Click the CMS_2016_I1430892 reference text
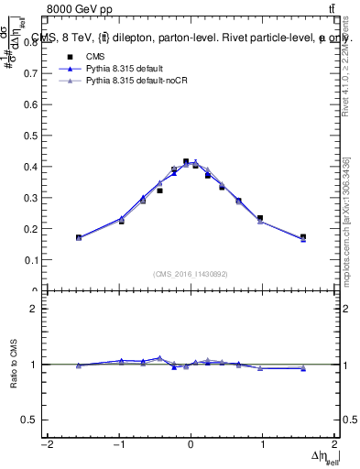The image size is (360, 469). pos(191,274)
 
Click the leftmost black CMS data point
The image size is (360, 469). pos(79,237)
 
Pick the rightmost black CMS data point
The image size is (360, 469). pos(303,237)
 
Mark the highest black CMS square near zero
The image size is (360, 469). pos(186,161)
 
